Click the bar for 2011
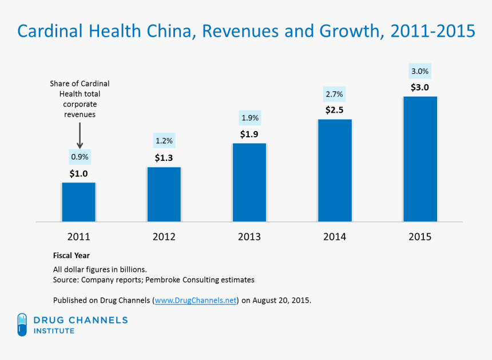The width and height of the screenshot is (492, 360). click(x=79, y=201)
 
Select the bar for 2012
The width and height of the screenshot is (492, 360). click(x=164, y=194)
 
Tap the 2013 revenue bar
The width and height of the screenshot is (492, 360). click(x=249, y=182)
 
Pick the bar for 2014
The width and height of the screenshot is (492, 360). click(x=335, y=170)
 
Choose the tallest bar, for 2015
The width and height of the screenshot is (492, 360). click(x=420, y=159)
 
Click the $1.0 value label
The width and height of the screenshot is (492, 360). click(x=79, y=173)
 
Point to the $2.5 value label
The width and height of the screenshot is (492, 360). click(x=335, y=109)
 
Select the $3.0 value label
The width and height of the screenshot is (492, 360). click(x=420, y=88)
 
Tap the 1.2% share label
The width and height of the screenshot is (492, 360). click(x=164, y=141)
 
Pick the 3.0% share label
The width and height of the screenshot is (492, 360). click(x=420, y=72)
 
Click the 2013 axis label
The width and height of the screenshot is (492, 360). click(x=249, y=236)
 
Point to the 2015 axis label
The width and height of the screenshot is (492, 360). click(x=420, y=236)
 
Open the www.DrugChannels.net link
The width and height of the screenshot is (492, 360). click(x=195, y=300)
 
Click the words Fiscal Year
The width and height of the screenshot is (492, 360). click(x=71, y=256)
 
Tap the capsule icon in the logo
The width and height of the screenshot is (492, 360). click(x=22, y=325)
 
